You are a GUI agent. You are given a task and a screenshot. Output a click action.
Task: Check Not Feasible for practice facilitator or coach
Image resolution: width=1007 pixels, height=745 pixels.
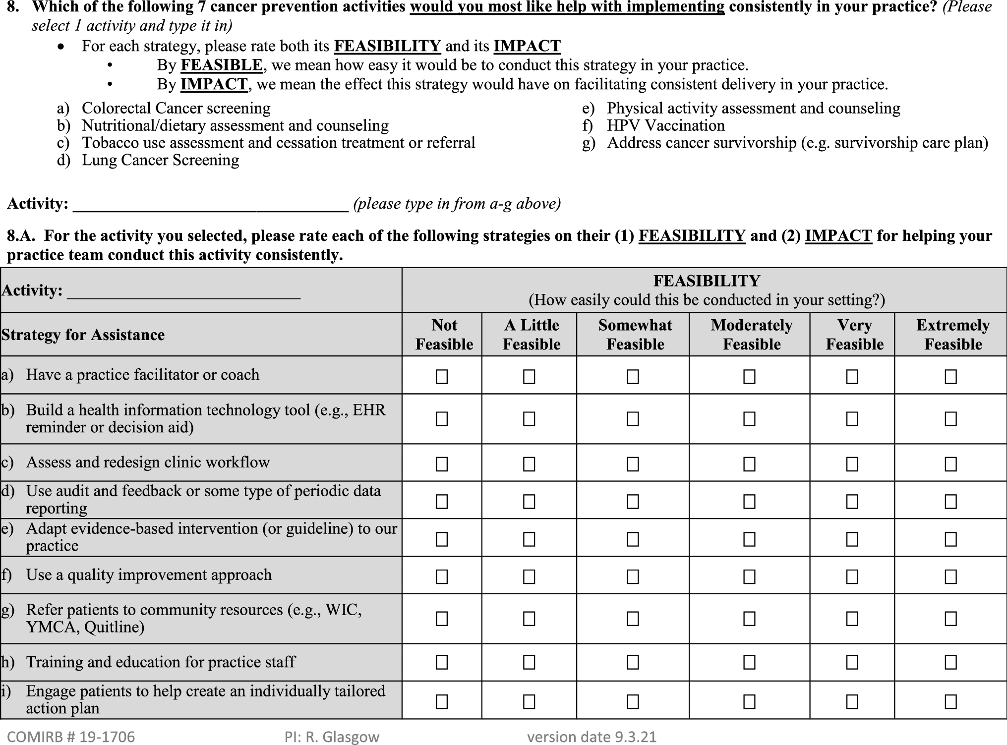coord(441,377)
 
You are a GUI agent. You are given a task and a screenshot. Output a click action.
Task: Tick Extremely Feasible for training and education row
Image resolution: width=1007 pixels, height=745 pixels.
coord(950,662)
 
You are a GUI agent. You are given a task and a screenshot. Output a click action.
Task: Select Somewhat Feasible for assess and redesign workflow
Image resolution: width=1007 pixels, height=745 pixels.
coord(633,464)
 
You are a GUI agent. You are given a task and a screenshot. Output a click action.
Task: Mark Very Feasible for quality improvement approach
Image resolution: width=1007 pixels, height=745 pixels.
coord(852,576)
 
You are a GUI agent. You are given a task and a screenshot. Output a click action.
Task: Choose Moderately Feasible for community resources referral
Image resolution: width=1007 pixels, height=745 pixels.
coord(749,619)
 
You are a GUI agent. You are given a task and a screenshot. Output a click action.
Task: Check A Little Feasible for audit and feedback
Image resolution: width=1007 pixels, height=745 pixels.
coord(529,502)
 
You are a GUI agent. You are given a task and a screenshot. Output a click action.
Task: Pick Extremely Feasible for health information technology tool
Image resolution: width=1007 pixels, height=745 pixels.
coord(950,419)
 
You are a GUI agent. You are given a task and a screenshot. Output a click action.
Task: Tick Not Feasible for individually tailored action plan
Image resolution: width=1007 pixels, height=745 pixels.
coord(441,701)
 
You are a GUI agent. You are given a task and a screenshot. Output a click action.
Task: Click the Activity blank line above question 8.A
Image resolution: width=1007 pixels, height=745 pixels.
coord(211,204)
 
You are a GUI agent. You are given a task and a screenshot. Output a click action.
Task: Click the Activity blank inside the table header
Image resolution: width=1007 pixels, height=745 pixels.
coord(183,291)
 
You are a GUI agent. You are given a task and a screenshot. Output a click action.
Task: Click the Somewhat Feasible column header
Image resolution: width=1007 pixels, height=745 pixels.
coord(635,335)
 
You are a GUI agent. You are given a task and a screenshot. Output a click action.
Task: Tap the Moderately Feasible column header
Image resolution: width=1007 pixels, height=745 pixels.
coord(751,335)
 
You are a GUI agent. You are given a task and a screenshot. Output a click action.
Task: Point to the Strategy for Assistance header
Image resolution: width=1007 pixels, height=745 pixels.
coord(83,335)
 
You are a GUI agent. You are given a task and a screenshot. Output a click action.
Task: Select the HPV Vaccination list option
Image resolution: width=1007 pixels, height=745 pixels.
coord(665,125)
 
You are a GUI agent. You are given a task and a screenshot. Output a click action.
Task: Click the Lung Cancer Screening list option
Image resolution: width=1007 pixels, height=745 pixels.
coord(160,160)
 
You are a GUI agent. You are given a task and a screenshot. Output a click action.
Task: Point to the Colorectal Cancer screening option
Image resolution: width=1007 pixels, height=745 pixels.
coord(176,108)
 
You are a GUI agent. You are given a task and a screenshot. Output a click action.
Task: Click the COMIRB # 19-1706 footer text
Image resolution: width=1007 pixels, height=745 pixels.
coord(71,737)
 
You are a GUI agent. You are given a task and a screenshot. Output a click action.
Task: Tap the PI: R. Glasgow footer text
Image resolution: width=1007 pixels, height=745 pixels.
coord(332,737)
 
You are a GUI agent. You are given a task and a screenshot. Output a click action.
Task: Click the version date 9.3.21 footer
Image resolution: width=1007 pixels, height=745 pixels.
coord(592,737)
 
